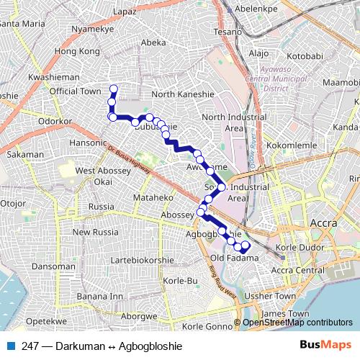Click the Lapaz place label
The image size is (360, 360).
125,12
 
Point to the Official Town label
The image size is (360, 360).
75,91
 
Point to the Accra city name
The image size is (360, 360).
323,224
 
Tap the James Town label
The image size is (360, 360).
285,314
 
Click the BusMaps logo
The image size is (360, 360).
325,345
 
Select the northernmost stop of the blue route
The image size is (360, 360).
113,89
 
